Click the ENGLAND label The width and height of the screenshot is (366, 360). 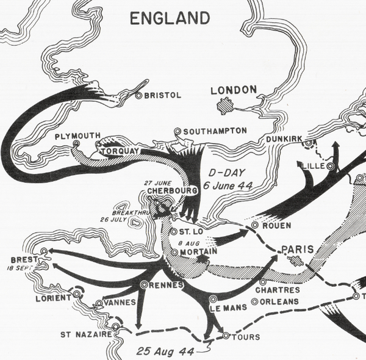[x=170, y=18]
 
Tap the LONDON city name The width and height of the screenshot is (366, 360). [x=234, y=90]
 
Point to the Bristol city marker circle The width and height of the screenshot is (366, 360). [x=138, y=95]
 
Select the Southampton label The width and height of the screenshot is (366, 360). [x=214, y=131]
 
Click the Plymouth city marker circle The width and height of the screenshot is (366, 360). [x=76, y=143]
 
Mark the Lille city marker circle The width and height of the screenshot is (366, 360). [x=330, y=165]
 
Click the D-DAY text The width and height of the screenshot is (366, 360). [x=219, y=173]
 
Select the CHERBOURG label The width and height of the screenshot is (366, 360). [x=173, y=191]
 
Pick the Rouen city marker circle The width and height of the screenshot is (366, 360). [x=255, y=225]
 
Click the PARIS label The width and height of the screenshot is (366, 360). [x=297, y=250]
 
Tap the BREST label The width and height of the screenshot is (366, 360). [x=21, y=259]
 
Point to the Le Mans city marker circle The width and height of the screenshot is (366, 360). [x=213, y=298]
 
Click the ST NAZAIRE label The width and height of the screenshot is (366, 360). [x=85, y=334]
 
